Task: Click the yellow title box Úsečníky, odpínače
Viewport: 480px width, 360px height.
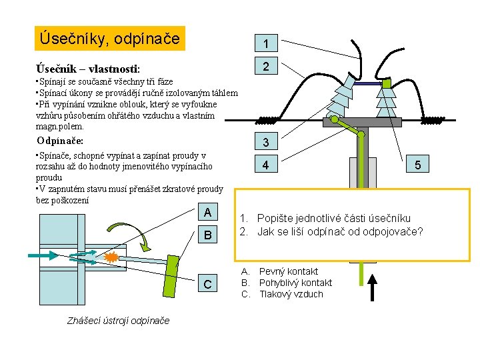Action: point(110,38)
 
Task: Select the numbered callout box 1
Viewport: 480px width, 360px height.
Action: point(266,43)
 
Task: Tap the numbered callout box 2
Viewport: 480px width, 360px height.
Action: point(266,65)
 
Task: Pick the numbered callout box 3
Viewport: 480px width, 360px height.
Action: point(266,141)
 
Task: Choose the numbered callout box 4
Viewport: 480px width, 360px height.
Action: point(266,164)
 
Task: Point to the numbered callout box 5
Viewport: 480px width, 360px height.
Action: point(417,164)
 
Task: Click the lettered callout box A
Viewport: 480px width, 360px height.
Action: point(208,212)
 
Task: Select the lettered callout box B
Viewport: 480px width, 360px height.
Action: point(208,235)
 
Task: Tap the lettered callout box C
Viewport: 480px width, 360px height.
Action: point(208,283)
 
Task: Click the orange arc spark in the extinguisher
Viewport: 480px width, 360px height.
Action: point(111,257)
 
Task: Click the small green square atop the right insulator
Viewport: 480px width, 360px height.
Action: point(386,83)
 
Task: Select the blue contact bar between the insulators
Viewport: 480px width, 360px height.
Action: point(367,83)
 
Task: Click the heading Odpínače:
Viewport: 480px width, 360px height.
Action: point(60,141)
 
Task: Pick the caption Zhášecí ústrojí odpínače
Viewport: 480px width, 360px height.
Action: point(118,321)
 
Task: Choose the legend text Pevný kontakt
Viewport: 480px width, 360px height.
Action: point(289,271)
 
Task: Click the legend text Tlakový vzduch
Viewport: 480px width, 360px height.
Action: point(291,294)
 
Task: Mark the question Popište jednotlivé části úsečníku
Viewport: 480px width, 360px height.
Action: point(334,218)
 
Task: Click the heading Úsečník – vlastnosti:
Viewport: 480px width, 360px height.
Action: point(88,69)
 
